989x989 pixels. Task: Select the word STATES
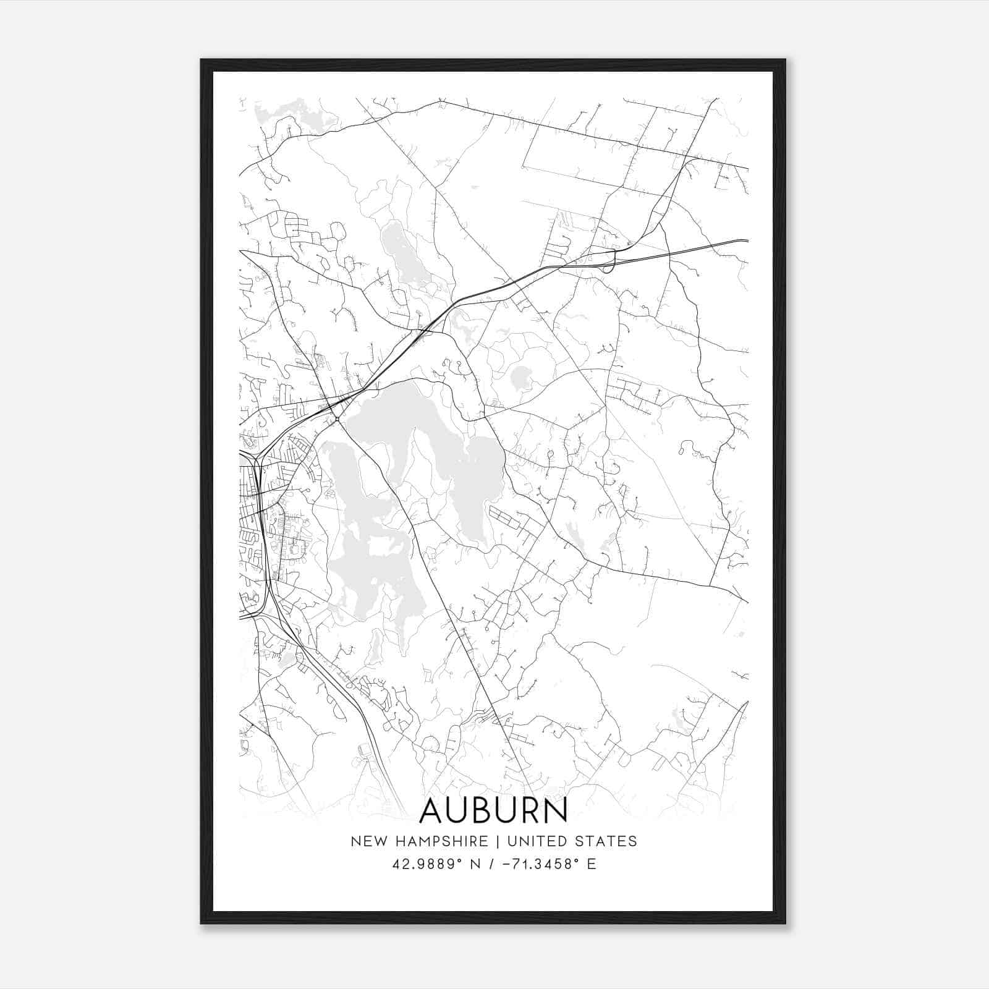[606, 841]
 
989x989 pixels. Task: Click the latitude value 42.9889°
[427, 864]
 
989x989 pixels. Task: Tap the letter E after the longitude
[592, 864]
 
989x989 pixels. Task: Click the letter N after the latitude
[475, 864]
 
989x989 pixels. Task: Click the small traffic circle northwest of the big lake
[337, 420]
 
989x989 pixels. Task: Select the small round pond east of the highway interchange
[520, 375]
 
